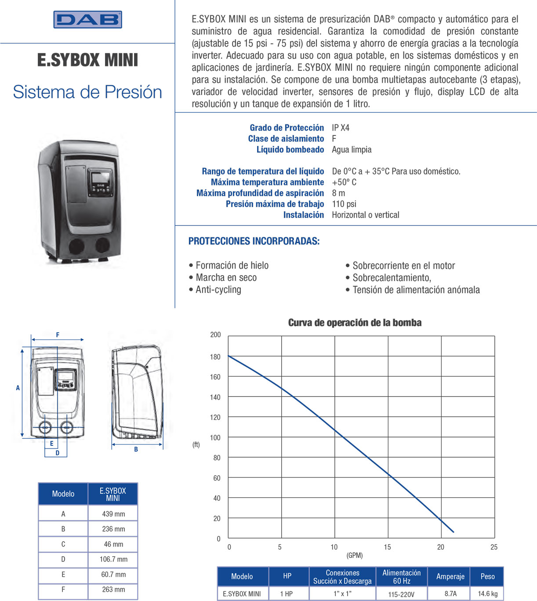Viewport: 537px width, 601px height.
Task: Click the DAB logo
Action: [x=87, y=20]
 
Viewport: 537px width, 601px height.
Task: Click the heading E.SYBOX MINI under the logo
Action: [x=87, y=60]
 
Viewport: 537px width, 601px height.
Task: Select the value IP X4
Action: [x=341, y=128]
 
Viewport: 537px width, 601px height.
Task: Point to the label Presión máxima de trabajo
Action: [x=275, y=204]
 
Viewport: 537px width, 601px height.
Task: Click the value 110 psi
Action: [x=344, y=204]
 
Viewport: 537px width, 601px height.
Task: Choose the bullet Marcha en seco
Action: [x=226, y=277]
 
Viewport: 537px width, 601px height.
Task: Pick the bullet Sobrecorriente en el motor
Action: [x=403, y=266]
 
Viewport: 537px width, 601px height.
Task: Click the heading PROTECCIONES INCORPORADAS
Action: [x=254, y=241]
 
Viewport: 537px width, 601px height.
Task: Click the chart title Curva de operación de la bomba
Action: [x=355, y=323]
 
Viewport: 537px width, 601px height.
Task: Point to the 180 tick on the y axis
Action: [x=215, y=357]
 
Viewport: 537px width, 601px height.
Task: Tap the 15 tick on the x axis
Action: [x=387, y=547]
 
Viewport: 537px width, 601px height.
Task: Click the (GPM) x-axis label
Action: [x=355, y=555]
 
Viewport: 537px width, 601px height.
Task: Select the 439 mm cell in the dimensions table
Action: [x=113, y=514]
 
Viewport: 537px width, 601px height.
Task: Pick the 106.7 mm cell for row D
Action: [x=113, y=559]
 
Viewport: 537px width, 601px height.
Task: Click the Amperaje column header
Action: [x=450, y=576]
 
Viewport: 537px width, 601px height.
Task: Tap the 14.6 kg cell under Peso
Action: [x=487, y=594]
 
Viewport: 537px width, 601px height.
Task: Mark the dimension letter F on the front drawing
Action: [x=58, y=335]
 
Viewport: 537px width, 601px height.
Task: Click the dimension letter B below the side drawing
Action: [x=136, y=449]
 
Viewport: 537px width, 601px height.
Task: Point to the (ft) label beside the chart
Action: [x=196, y=444]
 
